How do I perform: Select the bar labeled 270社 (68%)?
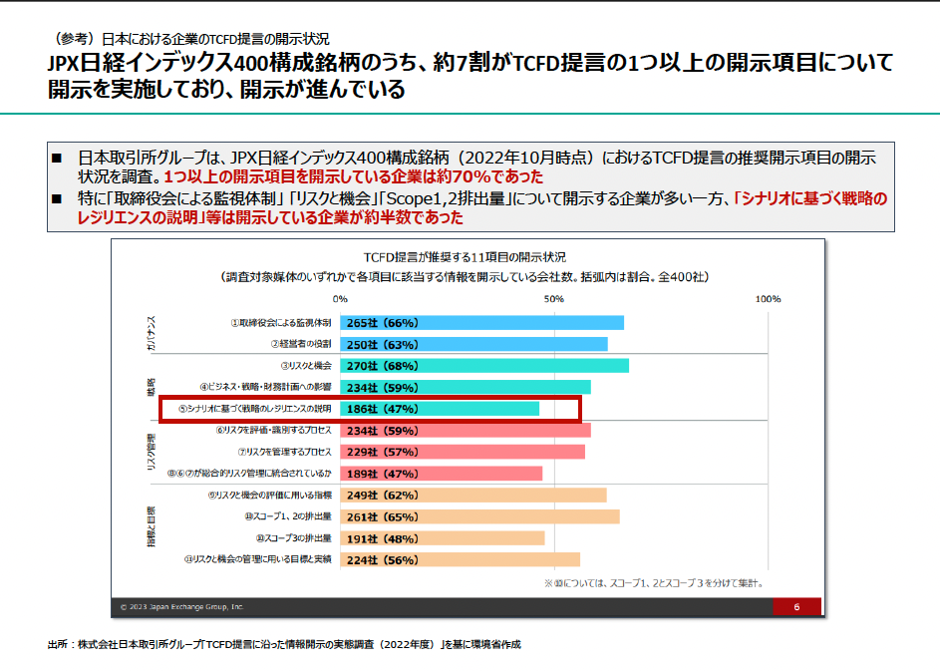[484, 366]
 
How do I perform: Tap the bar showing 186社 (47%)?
[440, 409]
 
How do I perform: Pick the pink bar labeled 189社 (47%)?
[441, 474]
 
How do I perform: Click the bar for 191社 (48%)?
[443, 538]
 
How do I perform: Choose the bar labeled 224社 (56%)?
[460, 560]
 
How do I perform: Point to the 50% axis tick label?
[554, 299]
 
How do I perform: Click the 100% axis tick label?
[768, 299]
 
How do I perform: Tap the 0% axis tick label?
[341, 299]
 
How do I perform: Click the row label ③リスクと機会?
[306, 366]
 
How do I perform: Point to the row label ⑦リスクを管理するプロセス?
[284, 452]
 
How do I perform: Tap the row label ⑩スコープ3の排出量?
[287, 538]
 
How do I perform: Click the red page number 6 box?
[796, 606]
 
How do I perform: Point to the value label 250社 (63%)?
[382, 344]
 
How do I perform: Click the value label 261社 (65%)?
[382, 516]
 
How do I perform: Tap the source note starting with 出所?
[284, 644]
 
